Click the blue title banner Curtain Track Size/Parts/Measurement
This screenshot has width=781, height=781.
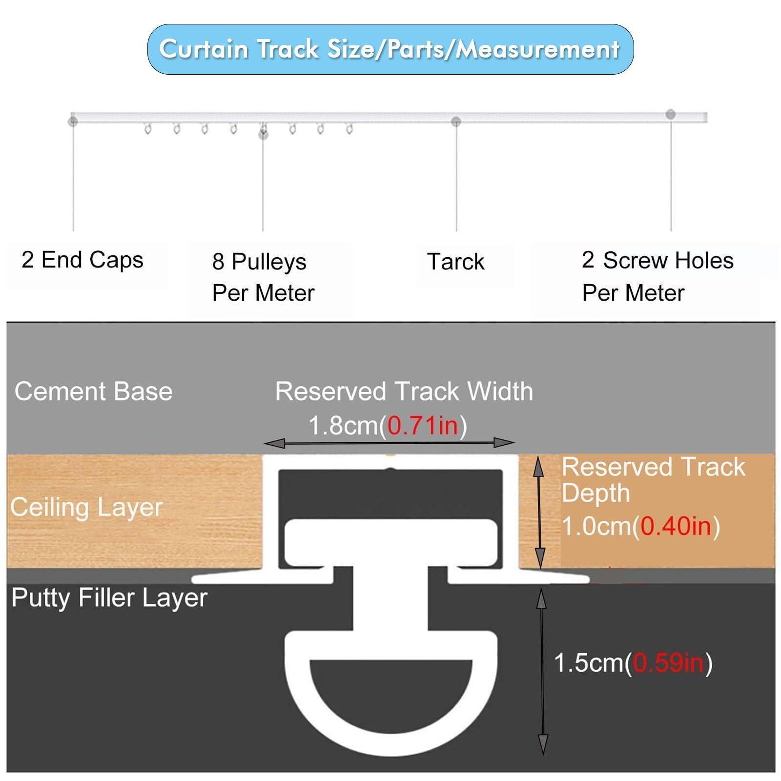(390, 49)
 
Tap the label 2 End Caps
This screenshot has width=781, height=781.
(82, 260)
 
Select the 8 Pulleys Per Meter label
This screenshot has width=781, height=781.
(263, 277)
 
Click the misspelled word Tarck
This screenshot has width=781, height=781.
(455, 262)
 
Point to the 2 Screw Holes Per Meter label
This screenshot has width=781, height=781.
(657, 276)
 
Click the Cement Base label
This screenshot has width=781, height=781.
(93, 391)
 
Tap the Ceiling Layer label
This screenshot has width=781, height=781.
(86, 507)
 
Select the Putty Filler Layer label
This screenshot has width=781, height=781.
(109, 597)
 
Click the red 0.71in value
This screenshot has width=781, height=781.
(423, 426)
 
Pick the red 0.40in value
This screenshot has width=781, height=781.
(676, 526)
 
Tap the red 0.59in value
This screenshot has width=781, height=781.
(668, 663)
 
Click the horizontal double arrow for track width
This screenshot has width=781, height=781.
(389, 443)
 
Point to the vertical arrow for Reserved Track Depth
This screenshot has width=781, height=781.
(539, 513)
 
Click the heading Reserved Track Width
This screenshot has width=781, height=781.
(404, 391)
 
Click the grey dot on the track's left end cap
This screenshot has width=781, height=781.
(73, 121)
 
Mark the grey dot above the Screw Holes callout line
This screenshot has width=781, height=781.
(671, 115)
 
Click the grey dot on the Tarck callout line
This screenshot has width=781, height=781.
(456, 121)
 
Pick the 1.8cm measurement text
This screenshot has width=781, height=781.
(343, 426)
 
